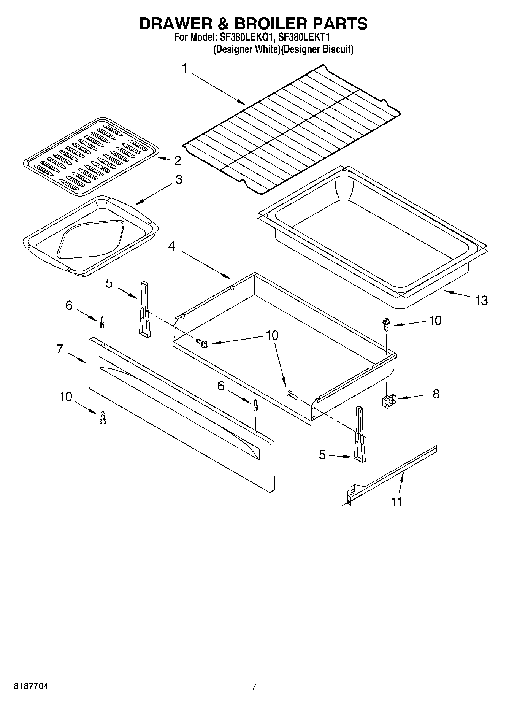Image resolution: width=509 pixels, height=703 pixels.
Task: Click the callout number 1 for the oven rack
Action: [x=185, y=69]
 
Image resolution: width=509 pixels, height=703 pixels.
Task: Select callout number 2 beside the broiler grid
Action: [x=178, y=160]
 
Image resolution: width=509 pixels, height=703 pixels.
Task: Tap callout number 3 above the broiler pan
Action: [x=179, y=179]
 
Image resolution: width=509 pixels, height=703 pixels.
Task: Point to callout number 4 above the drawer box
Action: [x=171, y=246]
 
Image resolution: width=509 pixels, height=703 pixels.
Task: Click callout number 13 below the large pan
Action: [x=481, y=300]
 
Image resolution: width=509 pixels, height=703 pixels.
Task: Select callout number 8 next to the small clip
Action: [x=436, y=394]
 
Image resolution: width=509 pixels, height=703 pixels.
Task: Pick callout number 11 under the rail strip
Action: [x=396, y=501]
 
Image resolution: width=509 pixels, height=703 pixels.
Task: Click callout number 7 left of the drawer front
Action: [x=60, y=349]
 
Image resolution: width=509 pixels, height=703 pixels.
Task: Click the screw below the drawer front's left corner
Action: [x=102, y=417]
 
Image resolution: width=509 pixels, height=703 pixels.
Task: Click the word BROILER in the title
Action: [x=271, y=24]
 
